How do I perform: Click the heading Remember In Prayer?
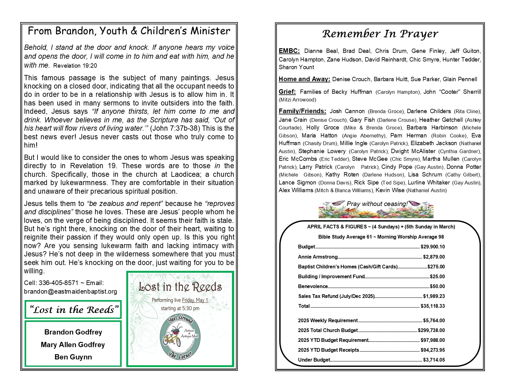380,34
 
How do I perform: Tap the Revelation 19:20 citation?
75,65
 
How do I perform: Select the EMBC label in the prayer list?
289,51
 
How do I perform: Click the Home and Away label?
304,79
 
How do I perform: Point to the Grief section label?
287,92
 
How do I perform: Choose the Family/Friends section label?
302,111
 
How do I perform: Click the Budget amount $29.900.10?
433,247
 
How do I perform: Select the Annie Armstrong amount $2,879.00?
434,257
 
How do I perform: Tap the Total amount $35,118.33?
433,306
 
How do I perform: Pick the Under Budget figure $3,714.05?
434,360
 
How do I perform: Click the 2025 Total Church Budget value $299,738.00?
431,331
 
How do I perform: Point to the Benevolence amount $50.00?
437,287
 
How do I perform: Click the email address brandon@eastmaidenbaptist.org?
70,291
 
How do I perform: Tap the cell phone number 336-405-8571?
57,283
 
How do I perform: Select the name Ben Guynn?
73,357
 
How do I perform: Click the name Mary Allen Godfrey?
73,345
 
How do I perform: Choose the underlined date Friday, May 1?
195,300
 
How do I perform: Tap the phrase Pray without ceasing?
377,204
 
